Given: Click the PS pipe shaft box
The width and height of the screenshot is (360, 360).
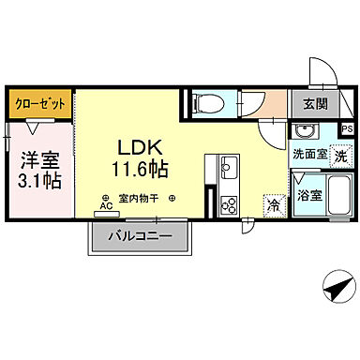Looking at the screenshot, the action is [347, 129].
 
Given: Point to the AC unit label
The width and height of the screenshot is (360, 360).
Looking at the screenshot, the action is [105, 206].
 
